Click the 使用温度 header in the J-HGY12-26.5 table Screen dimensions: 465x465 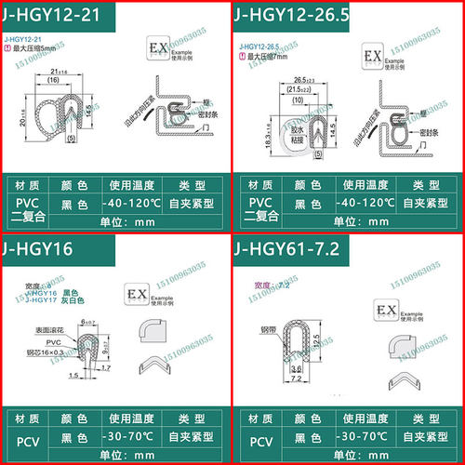[x=370, y=184]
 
